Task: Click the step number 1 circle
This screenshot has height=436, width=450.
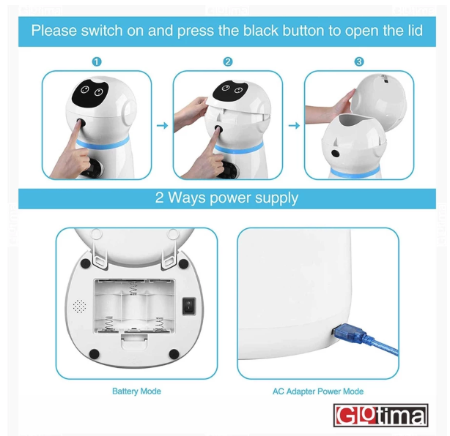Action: pos(97,62)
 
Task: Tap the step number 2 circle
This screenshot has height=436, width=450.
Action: pos(228,62)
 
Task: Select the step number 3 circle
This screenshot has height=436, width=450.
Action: pos(358,62)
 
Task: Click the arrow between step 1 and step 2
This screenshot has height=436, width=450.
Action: pos(162,126)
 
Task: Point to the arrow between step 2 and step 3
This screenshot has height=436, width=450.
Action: pos(293,126)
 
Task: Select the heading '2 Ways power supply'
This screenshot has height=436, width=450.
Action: pos(226,198)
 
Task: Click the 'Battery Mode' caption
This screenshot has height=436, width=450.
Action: pos(136,391)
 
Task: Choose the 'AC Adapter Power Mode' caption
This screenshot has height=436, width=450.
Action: pos(318,391)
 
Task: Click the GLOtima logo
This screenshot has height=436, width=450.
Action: pos(380,416)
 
